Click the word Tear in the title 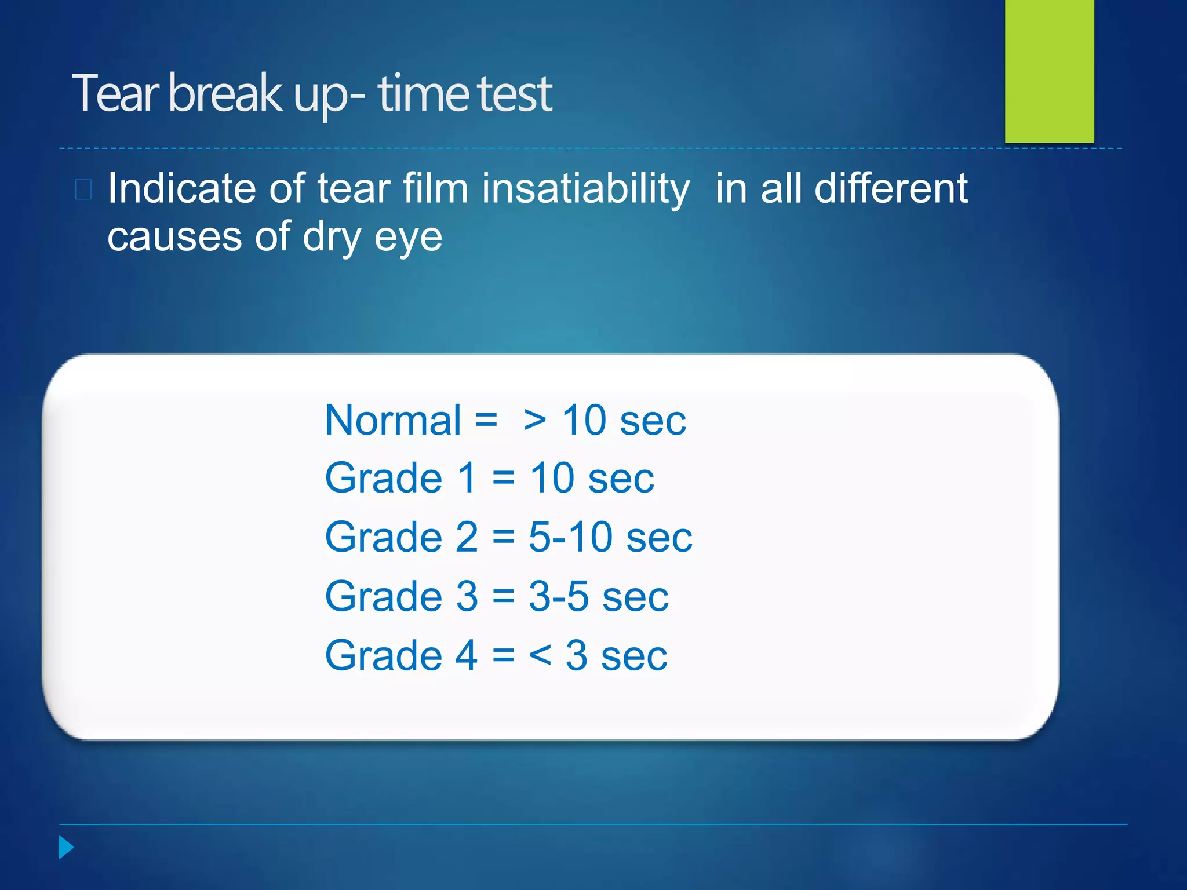click(x=115, y=94)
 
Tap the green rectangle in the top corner click(x=1049, y=71)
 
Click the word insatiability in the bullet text click(x=586, y=189)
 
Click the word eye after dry click(x=408, y=238)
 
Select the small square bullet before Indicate click(x=83, y=189)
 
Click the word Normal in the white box click(x=393, y=421)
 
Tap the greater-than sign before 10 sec click(x=534, y=421)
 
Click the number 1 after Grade click(x=467, y=479)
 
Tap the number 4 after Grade click(x=467, y=656)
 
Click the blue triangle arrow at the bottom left click(x=66, y=848)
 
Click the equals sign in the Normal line click(x=486, y=420)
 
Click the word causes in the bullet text click(x=174, y=237)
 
